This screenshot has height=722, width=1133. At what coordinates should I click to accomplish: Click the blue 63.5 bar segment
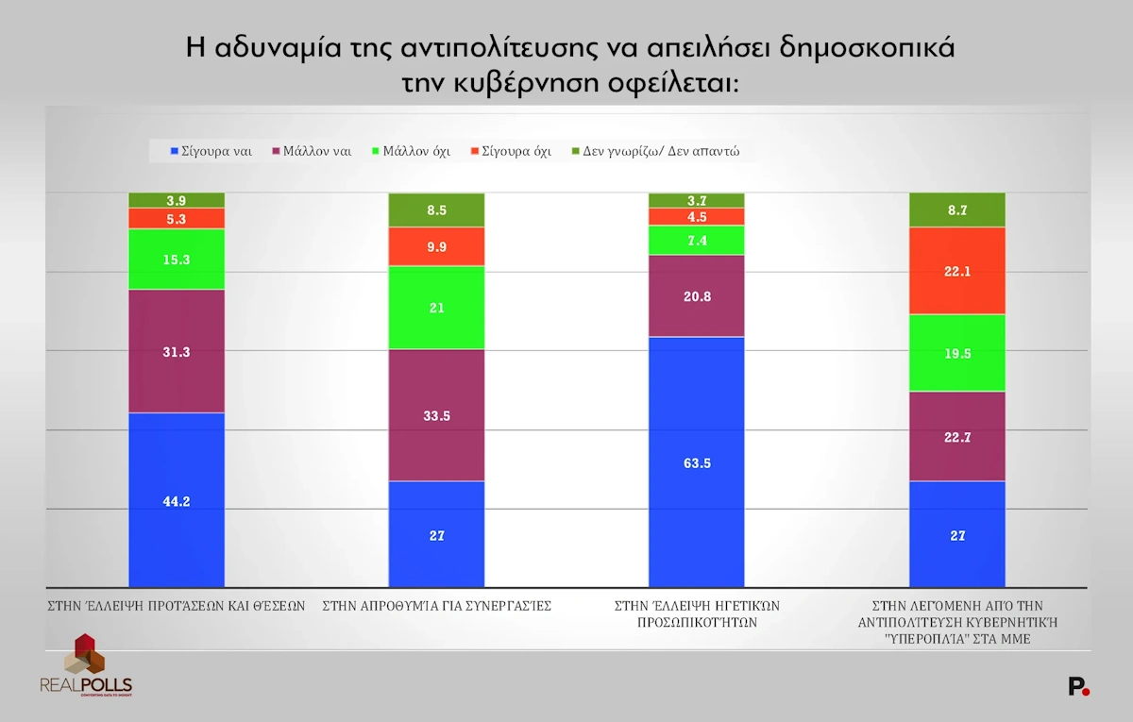(697, 462)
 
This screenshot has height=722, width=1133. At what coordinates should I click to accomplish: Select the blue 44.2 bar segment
(177, 500)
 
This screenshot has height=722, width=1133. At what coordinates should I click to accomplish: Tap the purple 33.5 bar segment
(436, 415)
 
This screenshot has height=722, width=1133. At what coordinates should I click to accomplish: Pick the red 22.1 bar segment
(956, 271)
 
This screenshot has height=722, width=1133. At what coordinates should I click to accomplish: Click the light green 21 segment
(436, 308)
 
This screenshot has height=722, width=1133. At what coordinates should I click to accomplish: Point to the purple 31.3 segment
(177, 351)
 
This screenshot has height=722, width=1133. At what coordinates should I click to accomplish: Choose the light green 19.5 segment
(956, 353)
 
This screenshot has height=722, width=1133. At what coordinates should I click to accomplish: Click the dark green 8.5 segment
(436, 210)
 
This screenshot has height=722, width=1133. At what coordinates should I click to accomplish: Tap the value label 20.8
(697, 296)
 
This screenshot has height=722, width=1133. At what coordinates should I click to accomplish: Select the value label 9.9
(436, 247)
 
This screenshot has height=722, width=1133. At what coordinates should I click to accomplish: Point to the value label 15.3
(177, 260)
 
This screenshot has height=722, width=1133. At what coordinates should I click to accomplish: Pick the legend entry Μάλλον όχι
(414, 151)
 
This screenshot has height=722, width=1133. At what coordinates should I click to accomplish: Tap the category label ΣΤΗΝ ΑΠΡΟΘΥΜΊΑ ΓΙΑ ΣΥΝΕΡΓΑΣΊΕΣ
(436, 606)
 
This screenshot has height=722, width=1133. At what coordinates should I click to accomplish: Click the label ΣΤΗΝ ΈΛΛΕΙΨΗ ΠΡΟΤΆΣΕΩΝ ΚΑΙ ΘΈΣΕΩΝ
(177, 606)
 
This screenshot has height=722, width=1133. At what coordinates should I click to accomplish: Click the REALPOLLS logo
(86, 666)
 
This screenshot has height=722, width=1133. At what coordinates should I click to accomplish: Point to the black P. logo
(1078, 687)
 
